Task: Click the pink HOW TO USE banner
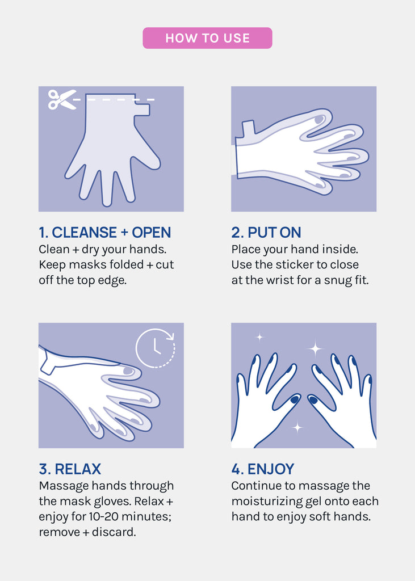(207, 38)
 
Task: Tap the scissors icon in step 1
(61, 99)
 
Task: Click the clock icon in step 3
(156, 348)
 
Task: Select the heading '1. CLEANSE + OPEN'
(105, 232)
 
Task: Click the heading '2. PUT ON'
(266, 232)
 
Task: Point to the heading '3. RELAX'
(70, 469)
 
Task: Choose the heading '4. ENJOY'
(263, 469)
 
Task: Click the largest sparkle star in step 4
(315, 348)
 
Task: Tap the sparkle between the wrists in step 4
(297, 427)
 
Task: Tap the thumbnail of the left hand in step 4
(295, 399)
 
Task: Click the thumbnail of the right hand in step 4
(313, 400)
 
